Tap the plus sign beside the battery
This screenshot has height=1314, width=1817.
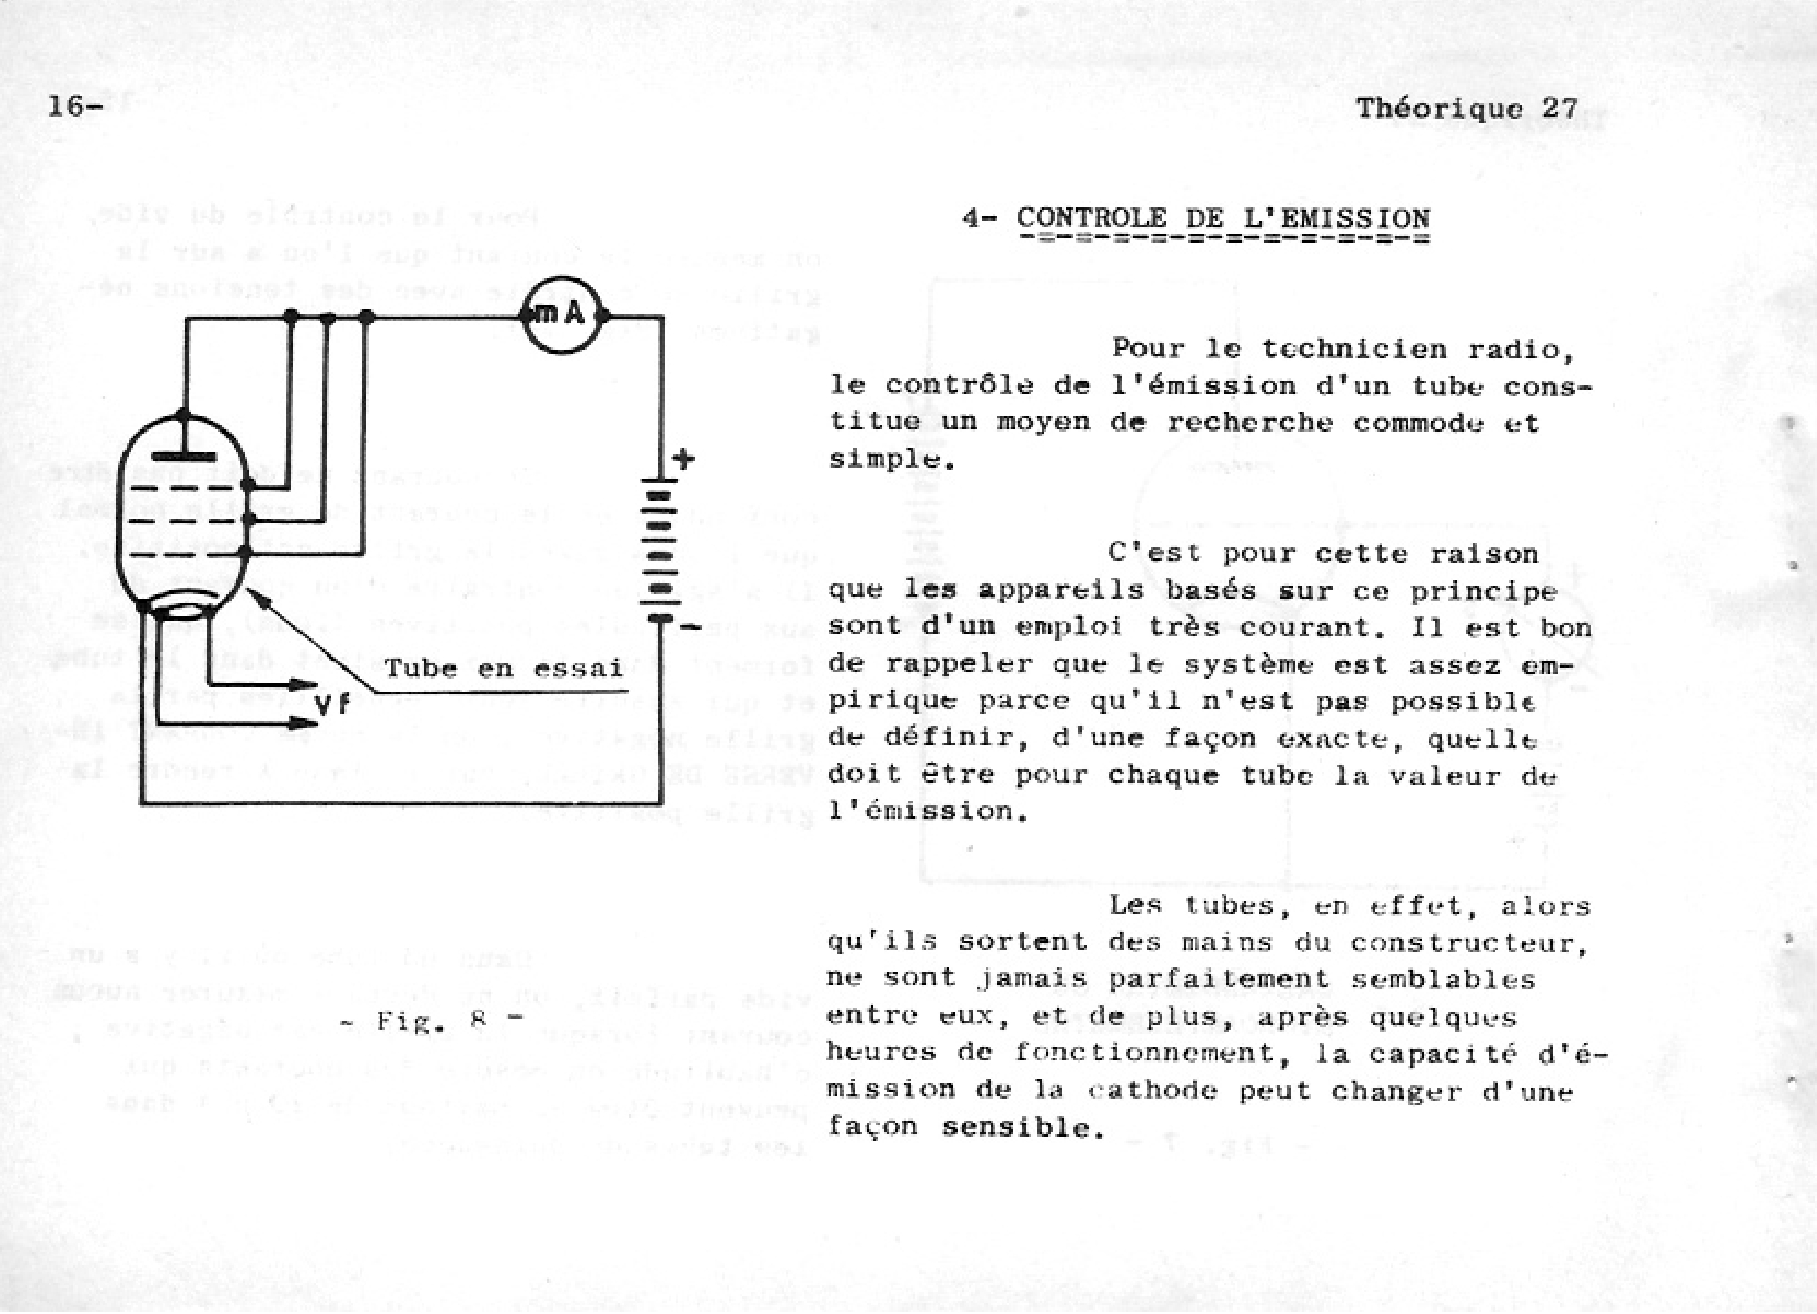click(683, 459)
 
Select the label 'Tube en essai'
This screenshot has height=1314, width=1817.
click(503, 668)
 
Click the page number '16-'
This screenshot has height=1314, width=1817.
click(75, 106)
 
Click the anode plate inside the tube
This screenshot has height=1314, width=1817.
click(183, 457)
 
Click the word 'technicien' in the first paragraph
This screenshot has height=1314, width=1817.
click(1355, 350)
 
